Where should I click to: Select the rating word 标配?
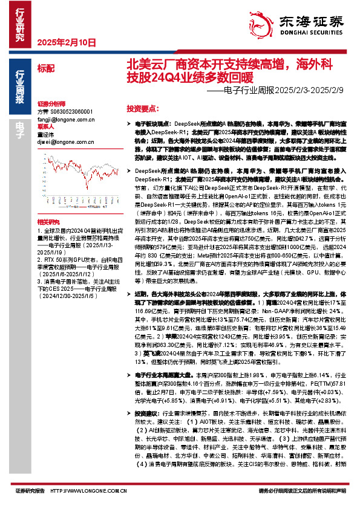tap(45, 68)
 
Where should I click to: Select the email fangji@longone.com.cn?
tap(64, 120)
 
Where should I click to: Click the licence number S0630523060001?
tap(69, 112)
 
